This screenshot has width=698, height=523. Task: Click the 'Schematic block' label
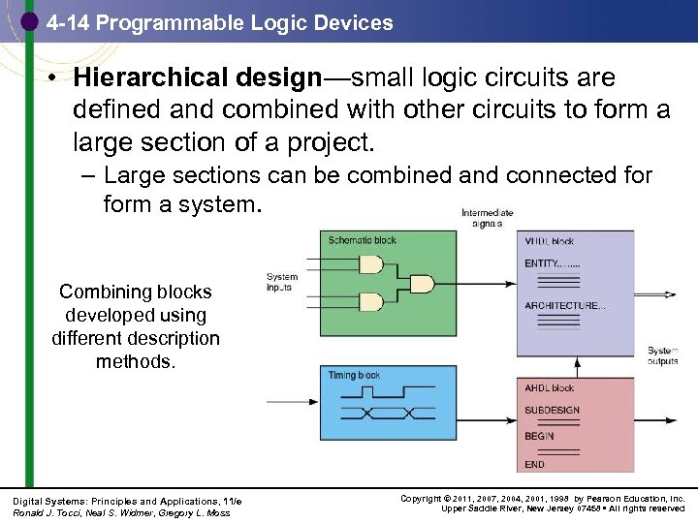coord(363,240)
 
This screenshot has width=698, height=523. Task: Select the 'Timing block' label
coord(354,376)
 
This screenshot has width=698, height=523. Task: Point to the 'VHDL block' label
coord(550,240)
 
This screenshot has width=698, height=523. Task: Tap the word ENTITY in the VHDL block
coord(542,263)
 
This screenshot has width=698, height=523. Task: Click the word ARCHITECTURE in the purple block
coord(561,306)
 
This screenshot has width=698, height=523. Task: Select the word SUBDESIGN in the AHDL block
coord(553,411)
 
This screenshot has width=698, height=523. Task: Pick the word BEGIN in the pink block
coord(540,436)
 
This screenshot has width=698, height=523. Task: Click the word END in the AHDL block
coord(535,465)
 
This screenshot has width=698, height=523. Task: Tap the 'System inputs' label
coord(282,282)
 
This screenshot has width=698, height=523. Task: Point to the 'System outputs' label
coord(663,355)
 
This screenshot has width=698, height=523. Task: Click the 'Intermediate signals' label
coord(487,218)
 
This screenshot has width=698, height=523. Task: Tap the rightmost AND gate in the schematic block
coord(422,284)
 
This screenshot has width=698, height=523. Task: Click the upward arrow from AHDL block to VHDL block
coord(578,366)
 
